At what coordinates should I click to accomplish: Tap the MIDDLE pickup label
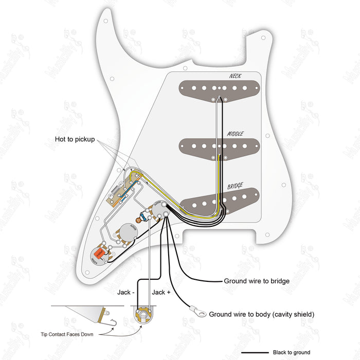pyautogui.click(x=236, y=134)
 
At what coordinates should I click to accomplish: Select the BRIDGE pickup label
pyautogui.click(x=235, y=186)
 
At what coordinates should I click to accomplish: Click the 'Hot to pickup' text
pyautogui.click(x=75, y=139)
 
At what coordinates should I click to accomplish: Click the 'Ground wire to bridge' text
pyautogui.click(x=256, y=281)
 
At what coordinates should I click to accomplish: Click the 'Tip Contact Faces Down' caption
pyautogui.click(x=67, y=334)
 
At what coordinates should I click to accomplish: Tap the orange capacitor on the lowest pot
pyautogui.click(x=98, y=253)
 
